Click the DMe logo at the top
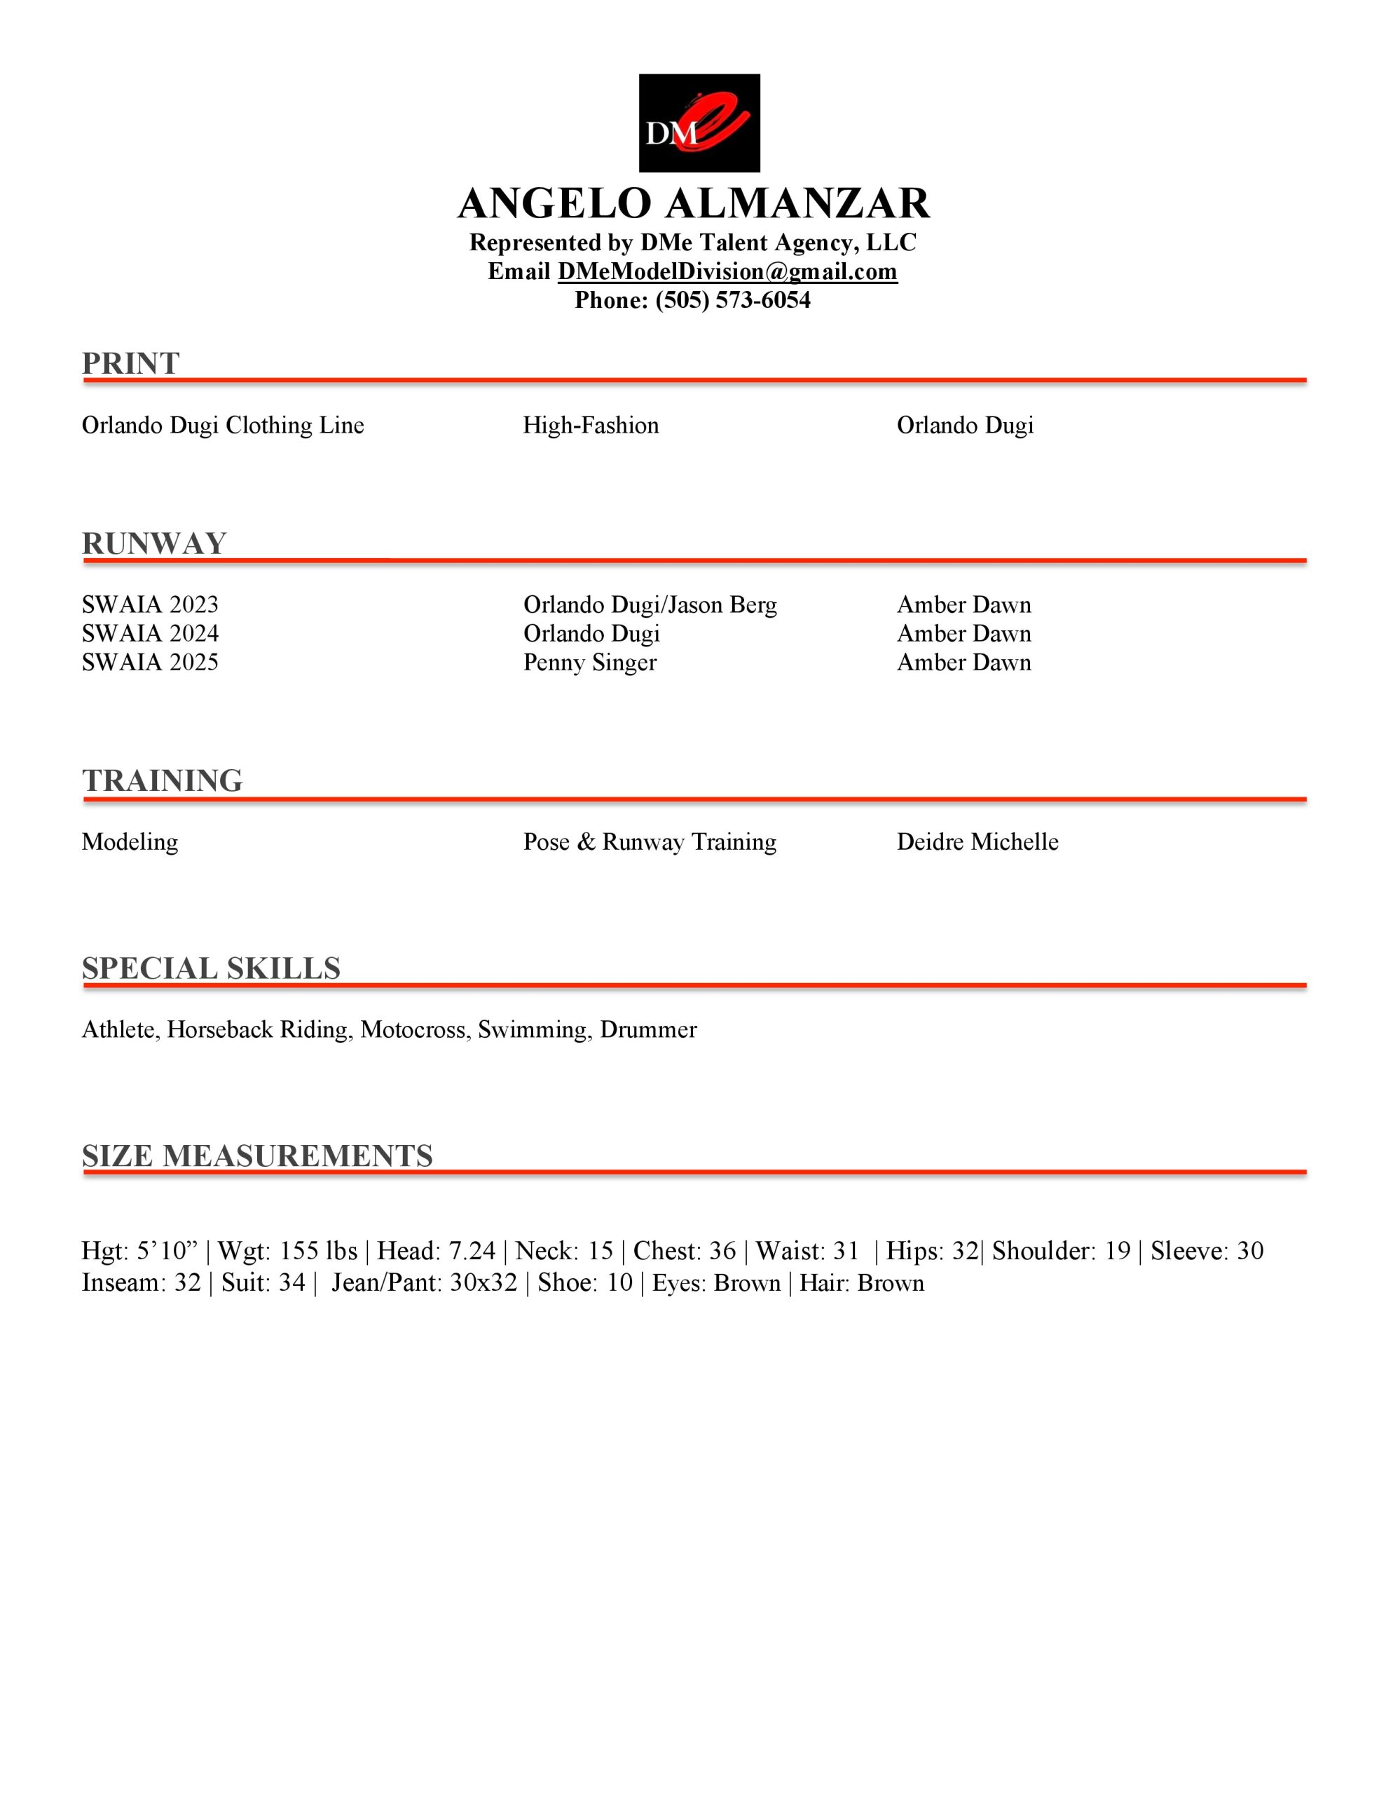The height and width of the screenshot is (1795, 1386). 699,123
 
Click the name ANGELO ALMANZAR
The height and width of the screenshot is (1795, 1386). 694,203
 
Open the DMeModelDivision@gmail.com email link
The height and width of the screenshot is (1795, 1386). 727,272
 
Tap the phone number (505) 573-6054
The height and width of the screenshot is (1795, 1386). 733,301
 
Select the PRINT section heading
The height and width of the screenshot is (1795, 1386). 130,363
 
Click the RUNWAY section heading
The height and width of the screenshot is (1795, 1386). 153,543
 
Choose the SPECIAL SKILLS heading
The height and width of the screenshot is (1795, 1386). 211,968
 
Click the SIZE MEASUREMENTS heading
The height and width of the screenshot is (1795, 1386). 257,1156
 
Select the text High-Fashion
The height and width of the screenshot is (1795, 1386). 591,426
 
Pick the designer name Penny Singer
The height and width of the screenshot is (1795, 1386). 590,663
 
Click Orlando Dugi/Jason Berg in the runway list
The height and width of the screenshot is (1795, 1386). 650,605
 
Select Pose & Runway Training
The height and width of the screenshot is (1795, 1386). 650,842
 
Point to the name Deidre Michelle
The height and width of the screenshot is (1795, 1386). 977,842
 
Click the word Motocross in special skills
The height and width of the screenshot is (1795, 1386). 413,1030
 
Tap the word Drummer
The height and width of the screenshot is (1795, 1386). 648,1030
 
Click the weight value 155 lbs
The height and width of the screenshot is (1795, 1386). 319,1251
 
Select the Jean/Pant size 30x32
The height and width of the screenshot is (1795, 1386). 483,1283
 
